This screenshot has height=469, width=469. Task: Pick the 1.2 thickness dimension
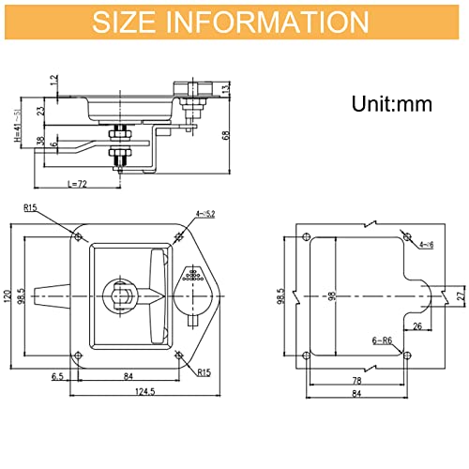click(55, 83)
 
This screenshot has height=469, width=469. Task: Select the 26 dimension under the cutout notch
click(416, 326)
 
